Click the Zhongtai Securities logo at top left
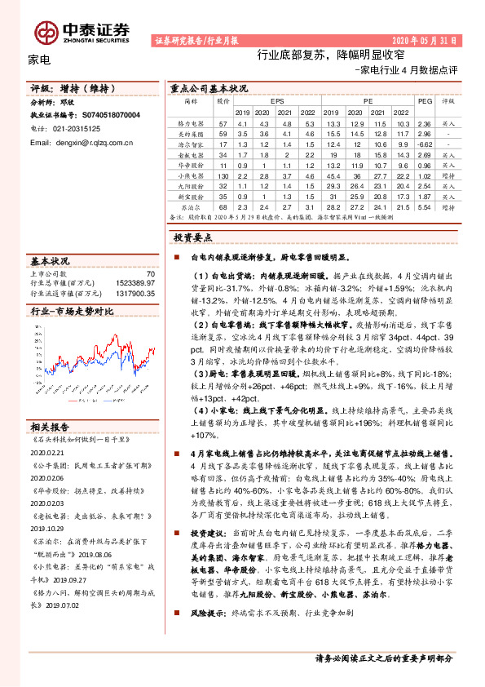82,31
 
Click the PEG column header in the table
423,101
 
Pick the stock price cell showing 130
223,175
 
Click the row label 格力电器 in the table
191,122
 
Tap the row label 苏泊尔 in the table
191,207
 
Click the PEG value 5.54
423,207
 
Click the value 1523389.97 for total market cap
134,282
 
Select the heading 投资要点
193,237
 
